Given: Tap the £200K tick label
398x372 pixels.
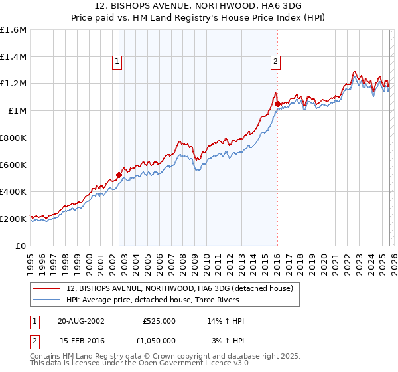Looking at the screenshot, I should tap(13, 219).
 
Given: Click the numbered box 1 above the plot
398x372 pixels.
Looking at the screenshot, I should tap(117, 62).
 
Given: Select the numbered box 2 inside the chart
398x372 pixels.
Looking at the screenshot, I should tap(275, 62).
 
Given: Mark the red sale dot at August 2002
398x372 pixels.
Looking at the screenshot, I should tap(119, 175).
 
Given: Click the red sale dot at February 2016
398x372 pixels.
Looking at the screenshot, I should tap(277, 104).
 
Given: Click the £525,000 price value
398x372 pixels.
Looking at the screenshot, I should tap(159, 321).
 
